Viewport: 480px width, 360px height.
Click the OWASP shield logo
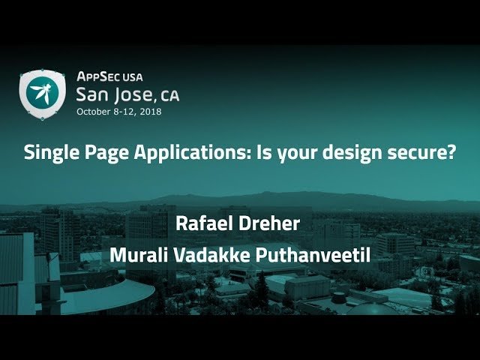tap(43, 93)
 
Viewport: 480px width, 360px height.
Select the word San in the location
tap(94, 94)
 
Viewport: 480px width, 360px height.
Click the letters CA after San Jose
tap(169, 96)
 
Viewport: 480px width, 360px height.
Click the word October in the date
tap(94, 111)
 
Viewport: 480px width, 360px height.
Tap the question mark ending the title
tap(452, 153)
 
